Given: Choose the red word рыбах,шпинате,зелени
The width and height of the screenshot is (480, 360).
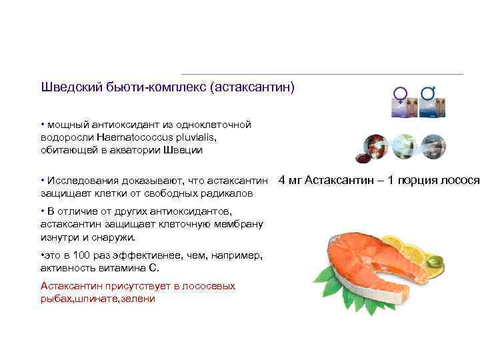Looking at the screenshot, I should (x=97, y=299).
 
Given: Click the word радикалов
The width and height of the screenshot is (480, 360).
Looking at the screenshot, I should (x=221, y=193).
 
